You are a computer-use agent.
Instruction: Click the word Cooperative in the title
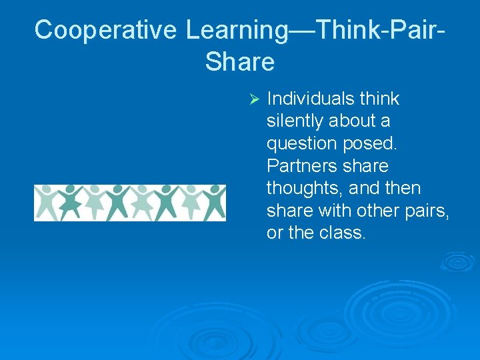tap(106, 30)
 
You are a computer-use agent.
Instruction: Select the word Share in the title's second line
tap(240, 62)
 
